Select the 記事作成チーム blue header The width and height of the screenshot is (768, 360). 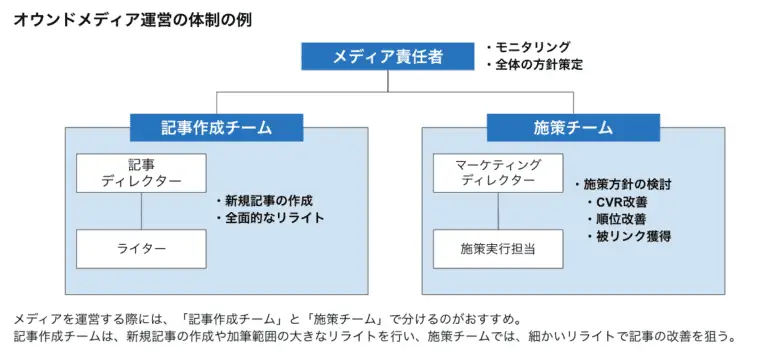(217, 128)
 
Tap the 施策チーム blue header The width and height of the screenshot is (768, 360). (573, 128)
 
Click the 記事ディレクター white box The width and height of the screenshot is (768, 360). (141, 173)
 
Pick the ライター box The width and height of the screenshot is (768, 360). (141, 247)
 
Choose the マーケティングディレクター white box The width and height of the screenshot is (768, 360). (498, 173)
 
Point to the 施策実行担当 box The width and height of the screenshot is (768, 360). (498, 247)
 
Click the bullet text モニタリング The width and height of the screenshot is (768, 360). (533, 46)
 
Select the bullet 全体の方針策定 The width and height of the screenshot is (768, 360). (539, 65)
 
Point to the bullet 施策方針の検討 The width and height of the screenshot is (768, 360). (627, 185)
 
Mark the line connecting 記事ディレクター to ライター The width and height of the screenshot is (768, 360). (141, 211)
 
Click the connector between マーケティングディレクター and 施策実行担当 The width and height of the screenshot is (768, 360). (498, 211)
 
